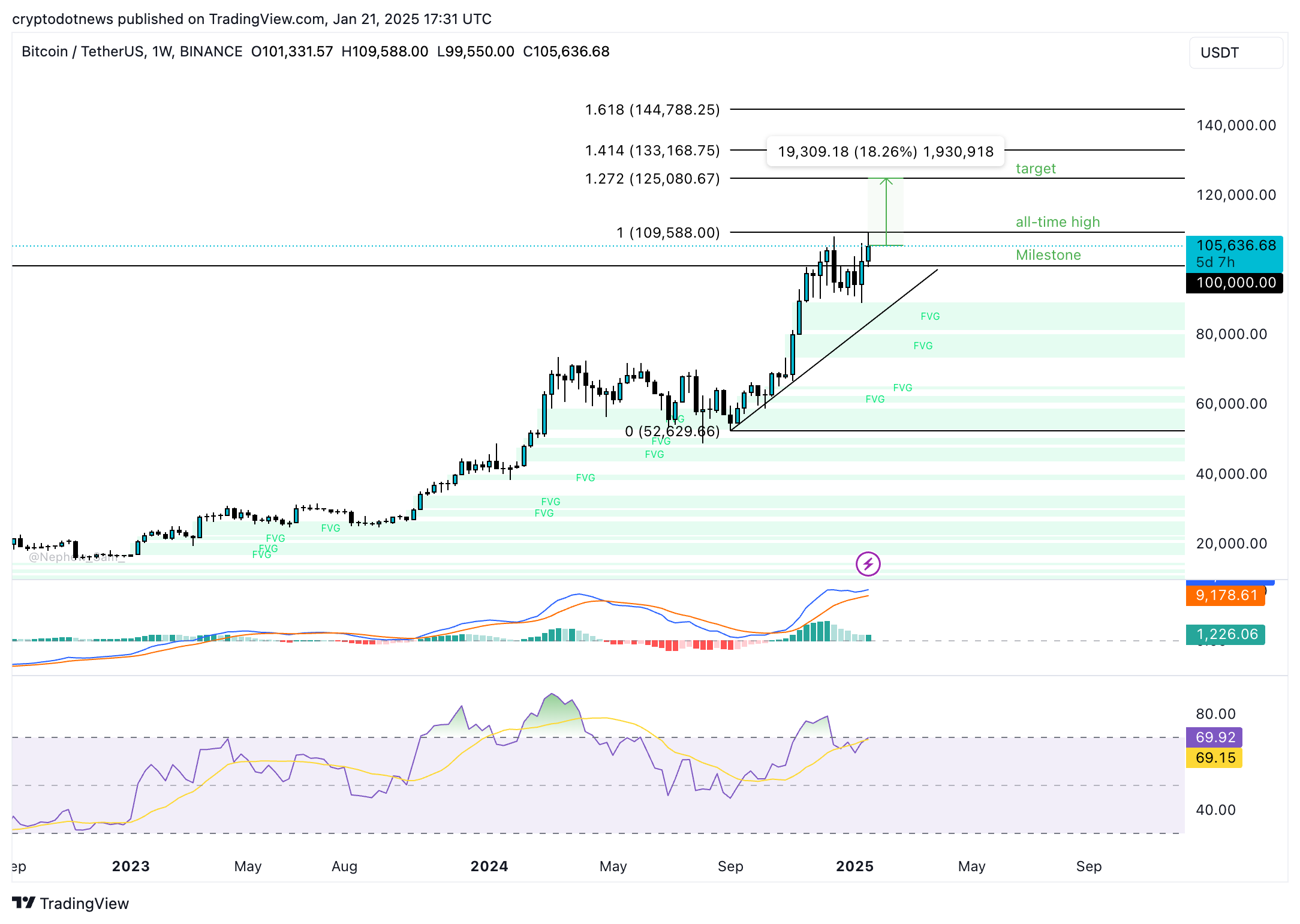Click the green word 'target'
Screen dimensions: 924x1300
[x=1036, y=169]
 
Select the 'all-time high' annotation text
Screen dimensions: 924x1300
[x=1058, y=222]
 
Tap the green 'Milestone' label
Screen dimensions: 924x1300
[x=1048, y=255]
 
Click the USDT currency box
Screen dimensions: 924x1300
[x=1235, y=53]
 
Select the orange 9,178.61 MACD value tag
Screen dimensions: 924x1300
[x=1226, y=595]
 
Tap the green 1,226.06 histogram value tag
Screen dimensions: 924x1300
[x=1226, y=634]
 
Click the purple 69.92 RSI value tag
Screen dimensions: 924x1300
[x=1214, y=737]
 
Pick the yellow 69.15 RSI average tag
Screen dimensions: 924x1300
[x=1214, y=758]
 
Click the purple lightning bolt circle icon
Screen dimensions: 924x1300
[x=868, y=564]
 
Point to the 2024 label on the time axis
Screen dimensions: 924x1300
[x=489, y=866]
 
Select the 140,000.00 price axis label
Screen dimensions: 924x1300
[x=1236, y=125]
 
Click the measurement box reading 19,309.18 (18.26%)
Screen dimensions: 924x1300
[x=885, y=152]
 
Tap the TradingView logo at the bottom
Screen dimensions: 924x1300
[x=71, y=903]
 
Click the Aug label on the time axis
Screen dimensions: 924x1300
[x=344, y=866]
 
